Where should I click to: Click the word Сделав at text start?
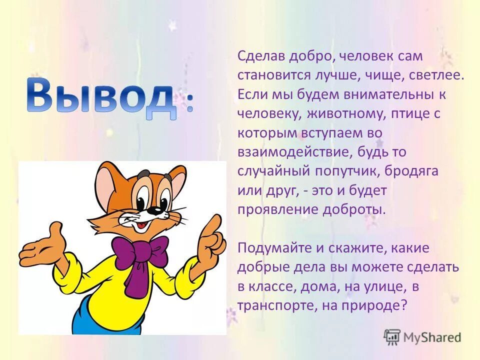261,56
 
